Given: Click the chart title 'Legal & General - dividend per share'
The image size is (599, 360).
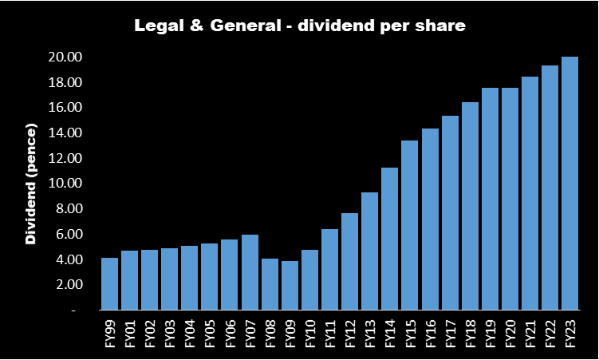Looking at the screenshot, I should [x=298, y=26].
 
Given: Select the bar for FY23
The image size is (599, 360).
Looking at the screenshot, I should [x=570, y=183].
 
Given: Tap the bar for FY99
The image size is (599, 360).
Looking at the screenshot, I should [x=110, y=283].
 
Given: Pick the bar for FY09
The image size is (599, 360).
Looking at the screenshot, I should [x=290, y=285].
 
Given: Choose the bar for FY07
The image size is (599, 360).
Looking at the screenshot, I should [x=250, y=272].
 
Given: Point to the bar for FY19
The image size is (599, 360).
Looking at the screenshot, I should [x=491, y=199].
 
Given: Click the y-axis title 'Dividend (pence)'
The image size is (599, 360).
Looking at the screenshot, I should [x=31, y=184].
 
